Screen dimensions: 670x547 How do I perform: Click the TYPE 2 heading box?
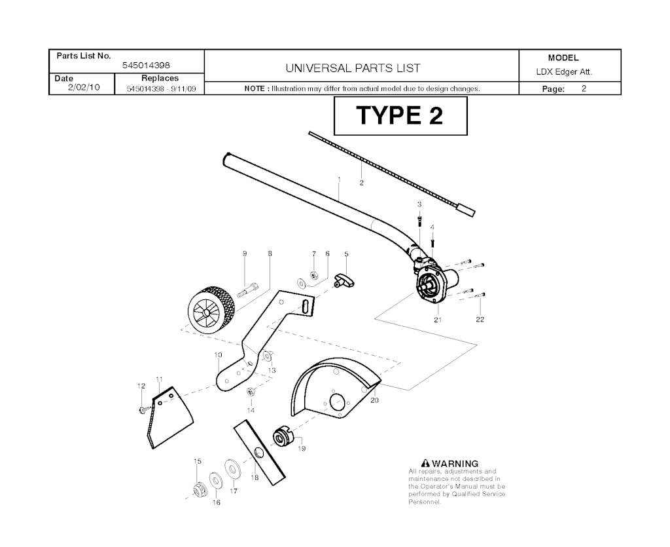tap(400, 115)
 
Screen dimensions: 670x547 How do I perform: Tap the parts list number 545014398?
tap(146, 66)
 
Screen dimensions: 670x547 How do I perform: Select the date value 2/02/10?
tap(84, 87)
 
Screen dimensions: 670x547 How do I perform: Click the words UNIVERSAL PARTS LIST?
tap(353, 68)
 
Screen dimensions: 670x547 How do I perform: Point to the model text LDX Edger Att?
tap(564, 72)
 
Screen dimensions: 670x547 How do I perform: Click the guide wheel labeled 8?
tap(212, 309)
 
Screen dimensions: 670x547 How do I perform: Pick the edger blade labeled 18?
tap(259, 453)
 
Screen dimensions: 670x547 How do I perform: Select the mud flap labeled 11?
tap(169, 418)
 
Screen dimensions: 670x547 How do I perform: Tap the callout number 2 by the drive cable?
tap(361, 183)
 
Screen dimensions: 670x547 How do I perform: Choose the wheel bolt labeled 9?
tap(247, 291)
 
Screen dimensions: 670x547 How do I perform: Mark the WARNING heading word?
tap(455, 464)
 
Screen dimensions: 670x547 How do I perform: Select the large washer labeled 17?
tap(232, 469)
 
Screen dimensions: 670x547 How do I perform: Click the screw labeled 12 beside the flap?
tap(143, 409)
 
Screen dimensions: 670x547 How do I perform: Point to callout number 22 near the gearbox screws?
tap(480, 320)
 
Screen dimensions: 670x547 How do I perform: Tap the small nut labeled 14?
tap(251, 391)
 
